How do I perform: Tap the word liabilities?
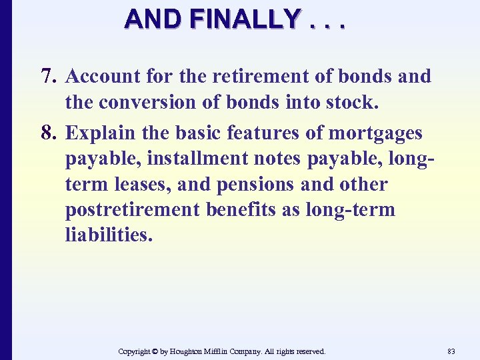click(108, 235)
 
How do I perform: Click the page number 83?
click(451, 351)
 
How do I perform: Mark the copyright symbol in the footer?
click(156, 351)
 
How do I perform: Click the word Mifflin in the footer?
click(236, 351)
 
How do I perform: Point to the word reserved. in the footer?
click(310, 351)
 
